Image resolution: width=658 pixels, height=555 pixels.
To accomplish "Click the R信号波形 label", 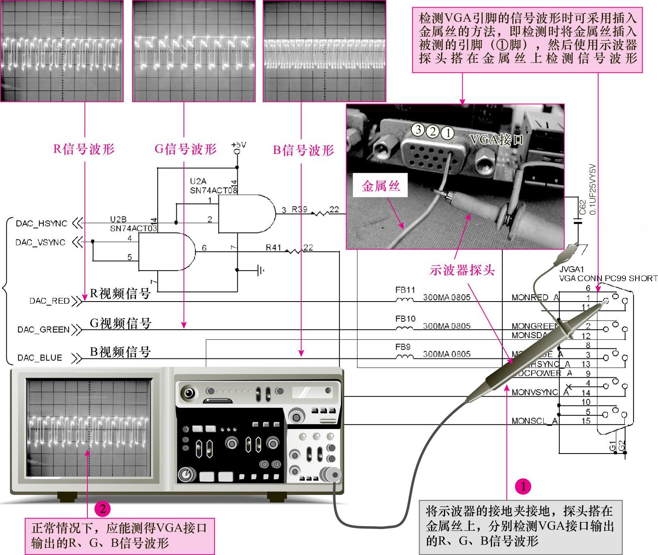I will pyautogui.click(x=84, y=149).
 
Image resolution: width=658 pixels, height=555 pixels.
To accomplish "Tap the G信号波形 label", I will pyautogui.click(x=185, y=149).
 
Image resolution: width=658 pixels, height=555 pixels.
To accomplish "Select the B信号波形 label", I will pyautogui.click(x=303, y=150).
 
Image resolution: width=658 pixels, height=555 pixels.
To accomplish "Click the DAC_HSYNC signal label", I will pyautogui.click(x=41, y=223).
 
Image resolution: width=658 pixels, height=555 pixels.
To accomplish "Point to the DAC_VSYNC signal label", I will pyautogui.click(x=40, y=242).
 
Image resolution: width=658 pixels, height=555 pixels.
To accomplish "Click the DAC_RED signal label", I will pyautogui.click(x=49, y=301).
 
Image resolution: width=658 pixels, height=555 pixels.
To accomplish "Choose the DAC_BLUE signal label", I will pyautogui.click(x=40, y=358).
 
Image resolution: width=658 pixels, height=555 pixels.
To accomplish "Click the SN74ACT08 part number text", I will pyautogui.click(x=213, y=190).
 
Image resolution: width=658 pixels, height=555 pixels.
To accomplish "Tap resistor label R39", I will pyautogui.click(x=300, y=209).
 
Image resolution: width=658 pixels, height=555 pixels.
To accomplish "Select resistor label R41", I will pyautogui.click(x=273, y=248).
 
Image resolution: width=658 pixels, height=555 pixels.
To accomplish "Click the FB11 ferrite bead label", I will pyautogui.click(x=405, y=290).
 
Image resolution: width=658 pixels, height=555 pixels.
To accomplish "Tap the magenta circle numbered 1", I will pyautogui.click(x=523, y=486).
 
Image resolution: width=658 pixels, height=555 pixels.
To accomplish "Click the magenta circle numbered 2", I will pyautogui.click(x=103, y=509).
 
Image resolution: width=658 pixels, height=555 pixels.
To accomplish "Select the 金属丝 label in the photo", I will pyautogui.click(x=381, y=186).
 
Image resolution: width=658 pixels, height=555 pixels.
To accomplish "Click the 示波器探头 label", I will pyautogui.click(x=462, y=270).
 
